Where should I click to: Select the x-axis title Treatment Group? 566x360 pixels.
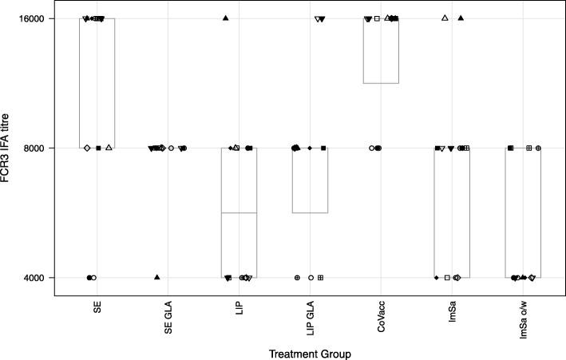click(x=310, y=352)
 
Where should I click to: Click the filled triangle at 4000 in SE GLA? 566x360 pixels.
click(x=157, y=277)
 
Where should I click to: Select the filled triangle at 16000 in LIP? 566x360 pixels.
click(x=226, y=18)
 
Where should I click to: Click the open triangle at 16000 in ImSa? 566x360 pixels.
click(x=445, y=18)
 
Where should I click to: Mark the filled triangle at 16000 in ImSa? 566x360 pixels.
click(x=461, y=18)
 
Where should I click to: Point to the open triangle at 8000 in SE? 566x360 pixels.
click(x=109, y=148)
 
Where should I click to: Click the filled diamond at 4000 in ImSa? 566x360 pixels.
click(x=436, y=278)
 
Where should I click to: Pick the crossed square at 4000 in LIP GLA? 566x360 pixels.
click(x=320, y=278)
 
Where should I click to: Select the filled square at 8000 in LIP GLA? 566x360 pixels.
click(x=323, y=148)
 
